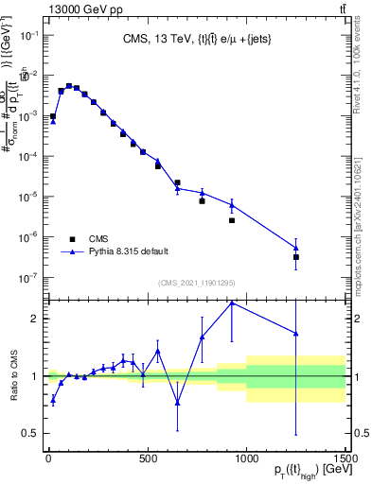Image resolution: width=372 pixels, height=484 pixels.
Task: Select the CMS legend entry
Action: (x=98, y=238)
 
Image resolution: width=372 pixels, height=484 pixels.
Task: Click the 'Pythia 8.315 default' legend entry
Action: (x=128, y=251)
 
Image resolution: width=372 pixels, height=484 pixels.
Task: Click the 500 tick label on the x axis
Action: (x=148, y=455)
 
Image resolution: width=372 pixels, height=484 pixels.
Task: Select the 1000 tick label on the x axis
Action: (x=246, y=455)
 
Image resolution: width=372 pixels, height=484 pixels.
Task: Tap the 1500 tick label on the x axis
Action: (x=345, y=455)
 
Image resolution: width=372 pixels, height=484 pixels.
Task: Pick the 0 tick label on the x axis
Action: (x=48, y=455)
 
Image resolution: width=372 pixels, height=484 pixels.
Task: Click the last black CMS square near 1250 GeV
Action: (x=296, y=257)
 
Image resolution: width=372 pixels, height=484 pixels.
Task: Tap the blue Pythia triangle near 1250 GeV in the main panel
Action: (x=296, y=248)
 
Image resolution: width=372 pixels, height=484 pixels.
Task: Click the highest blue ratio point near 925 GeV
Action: (x=231, y=302)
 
